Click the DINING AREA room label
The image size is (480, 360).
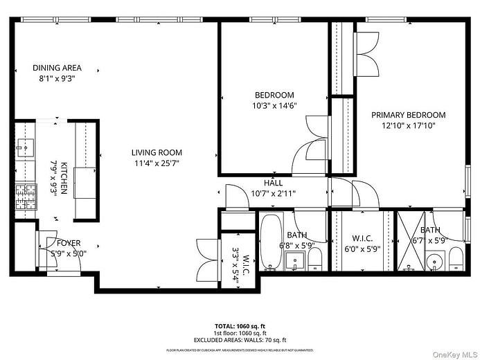coord(57,68)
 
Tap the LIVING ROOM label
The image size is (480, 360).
coord(158,153)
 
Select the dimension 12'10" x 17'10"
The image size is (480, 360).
coord(408,126)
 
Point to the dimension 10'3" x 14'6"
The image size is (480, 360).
coord(274,106)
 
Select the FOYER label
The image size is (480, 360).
coord(69,243)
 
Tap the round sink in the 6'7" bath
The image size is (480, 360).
coord(434,262)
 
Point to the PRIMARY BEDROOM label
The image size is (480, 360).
coord(408,115)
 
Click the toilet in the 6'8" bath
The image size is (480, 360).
coord(315,260)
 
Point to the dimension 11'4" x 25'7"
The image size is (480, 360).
coord(158,163)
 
